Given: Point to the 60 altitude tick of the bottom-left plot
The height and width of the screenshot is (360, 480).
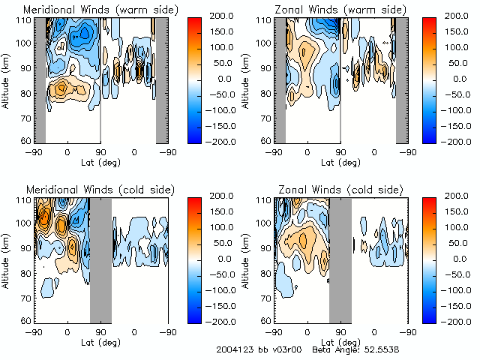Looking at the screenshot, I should (28, 320).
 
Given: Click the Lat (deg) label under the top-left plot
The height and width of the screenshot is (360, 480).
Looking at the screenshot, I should (100, 161).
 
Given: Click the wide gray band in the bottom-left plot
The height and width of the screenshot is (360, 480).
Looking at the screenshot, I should (100, 259).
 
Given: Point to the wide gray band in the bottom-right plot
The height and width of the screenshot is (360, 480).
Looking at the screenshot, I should (340, 259).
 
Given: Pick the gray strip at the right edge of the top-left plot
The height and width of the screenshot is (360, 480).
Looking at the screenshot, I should (161, 79).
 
